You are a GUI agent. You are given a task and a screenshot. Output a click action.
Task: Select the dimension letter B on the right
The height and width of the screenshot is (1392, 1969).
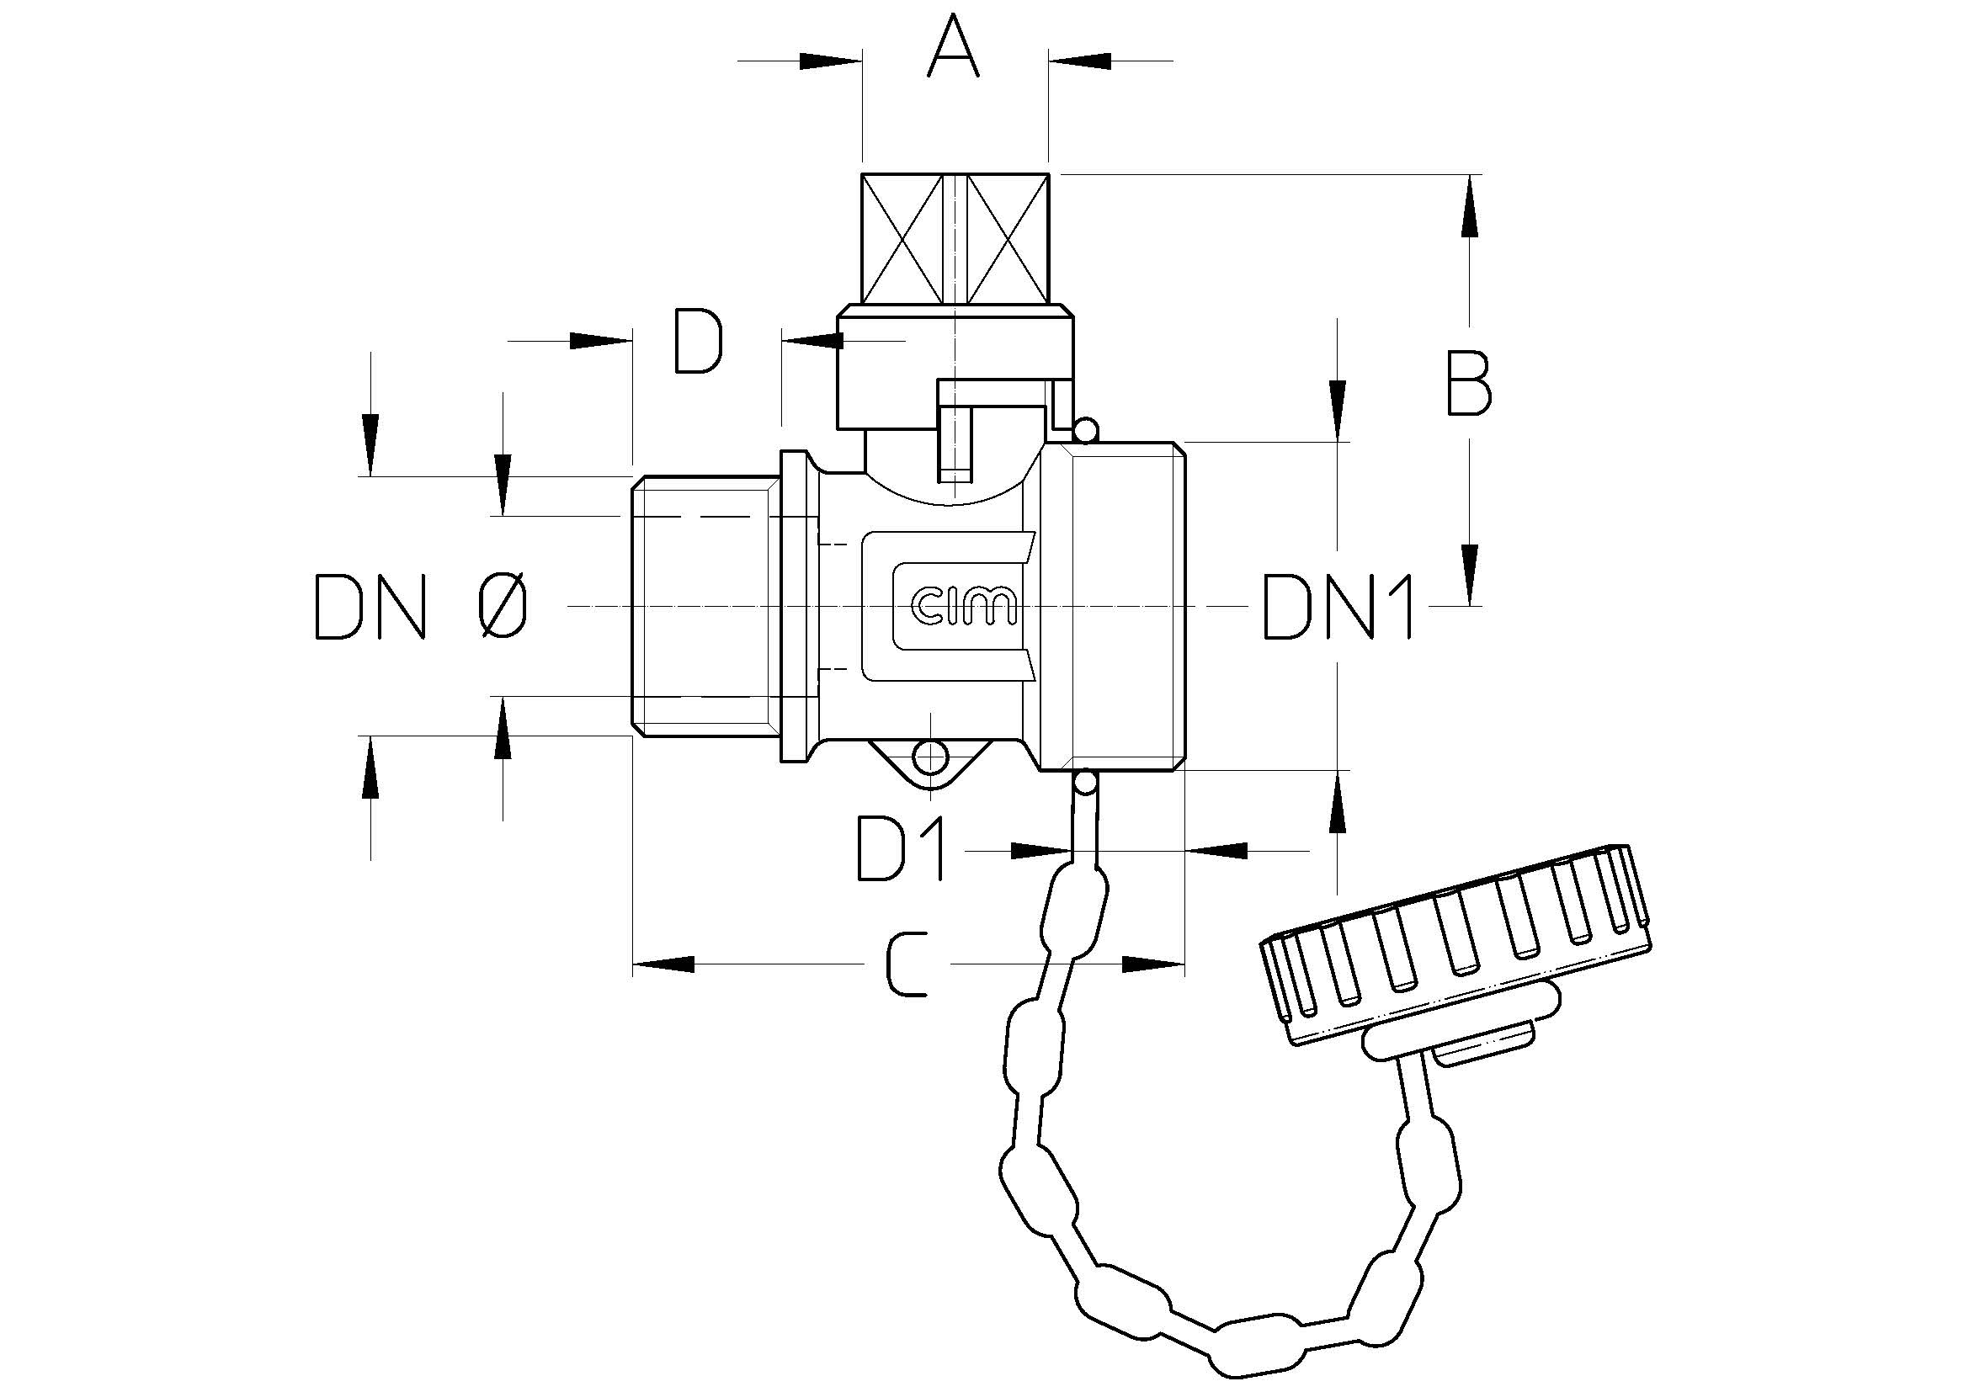pyautogui.click(x=1469, y=382)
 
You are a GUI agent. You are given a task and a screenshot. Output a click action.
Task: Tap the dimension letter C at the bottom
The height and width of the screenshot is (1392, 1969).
pyautogui.click(x=907, y=964)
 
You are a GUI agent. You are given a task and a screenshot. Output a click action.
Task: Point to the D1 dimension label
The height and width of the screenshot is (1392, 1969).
pyautogui.click(x=901, y=849)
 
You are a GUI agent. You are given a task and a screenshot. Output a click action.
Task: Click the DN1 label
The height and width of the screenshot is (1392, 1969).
pyautogui.click(x=1338, y=607)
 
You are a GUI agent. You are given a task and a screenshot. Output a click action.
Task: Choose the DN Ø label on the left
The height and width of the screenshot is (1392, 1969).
pyautogui.click(x=420, y=607)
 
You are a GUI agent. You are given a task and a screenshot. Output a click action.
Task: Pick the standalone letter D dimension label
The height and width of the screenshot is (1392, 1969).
pyautogui.click(x=698, y=342)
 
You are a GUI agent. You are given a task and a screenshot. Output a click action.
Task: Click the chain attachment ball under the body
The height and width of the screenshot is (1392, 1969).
pyautogui.click(x=1084, y=782)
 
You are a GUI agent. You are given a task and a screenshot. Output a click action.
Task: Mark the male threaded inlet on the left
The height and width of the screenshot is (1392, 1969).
pyautogui.click(x=705, y=606)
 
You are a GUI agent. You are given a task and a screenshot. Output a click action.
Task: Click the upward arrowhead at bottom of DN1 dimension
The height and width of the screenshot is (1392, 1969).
pyautogui.click(x=1337, y=801)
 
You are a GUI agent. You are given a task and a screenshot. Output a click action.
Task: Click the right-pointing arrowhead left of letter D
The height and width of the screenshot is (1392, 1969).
pyautogui.click(x=600, y=340)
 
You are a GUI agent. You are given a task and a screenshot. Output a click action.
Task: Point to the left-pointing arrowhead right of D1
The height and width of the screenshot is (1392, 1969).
pyautogui.click(x=1216, y=850)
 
